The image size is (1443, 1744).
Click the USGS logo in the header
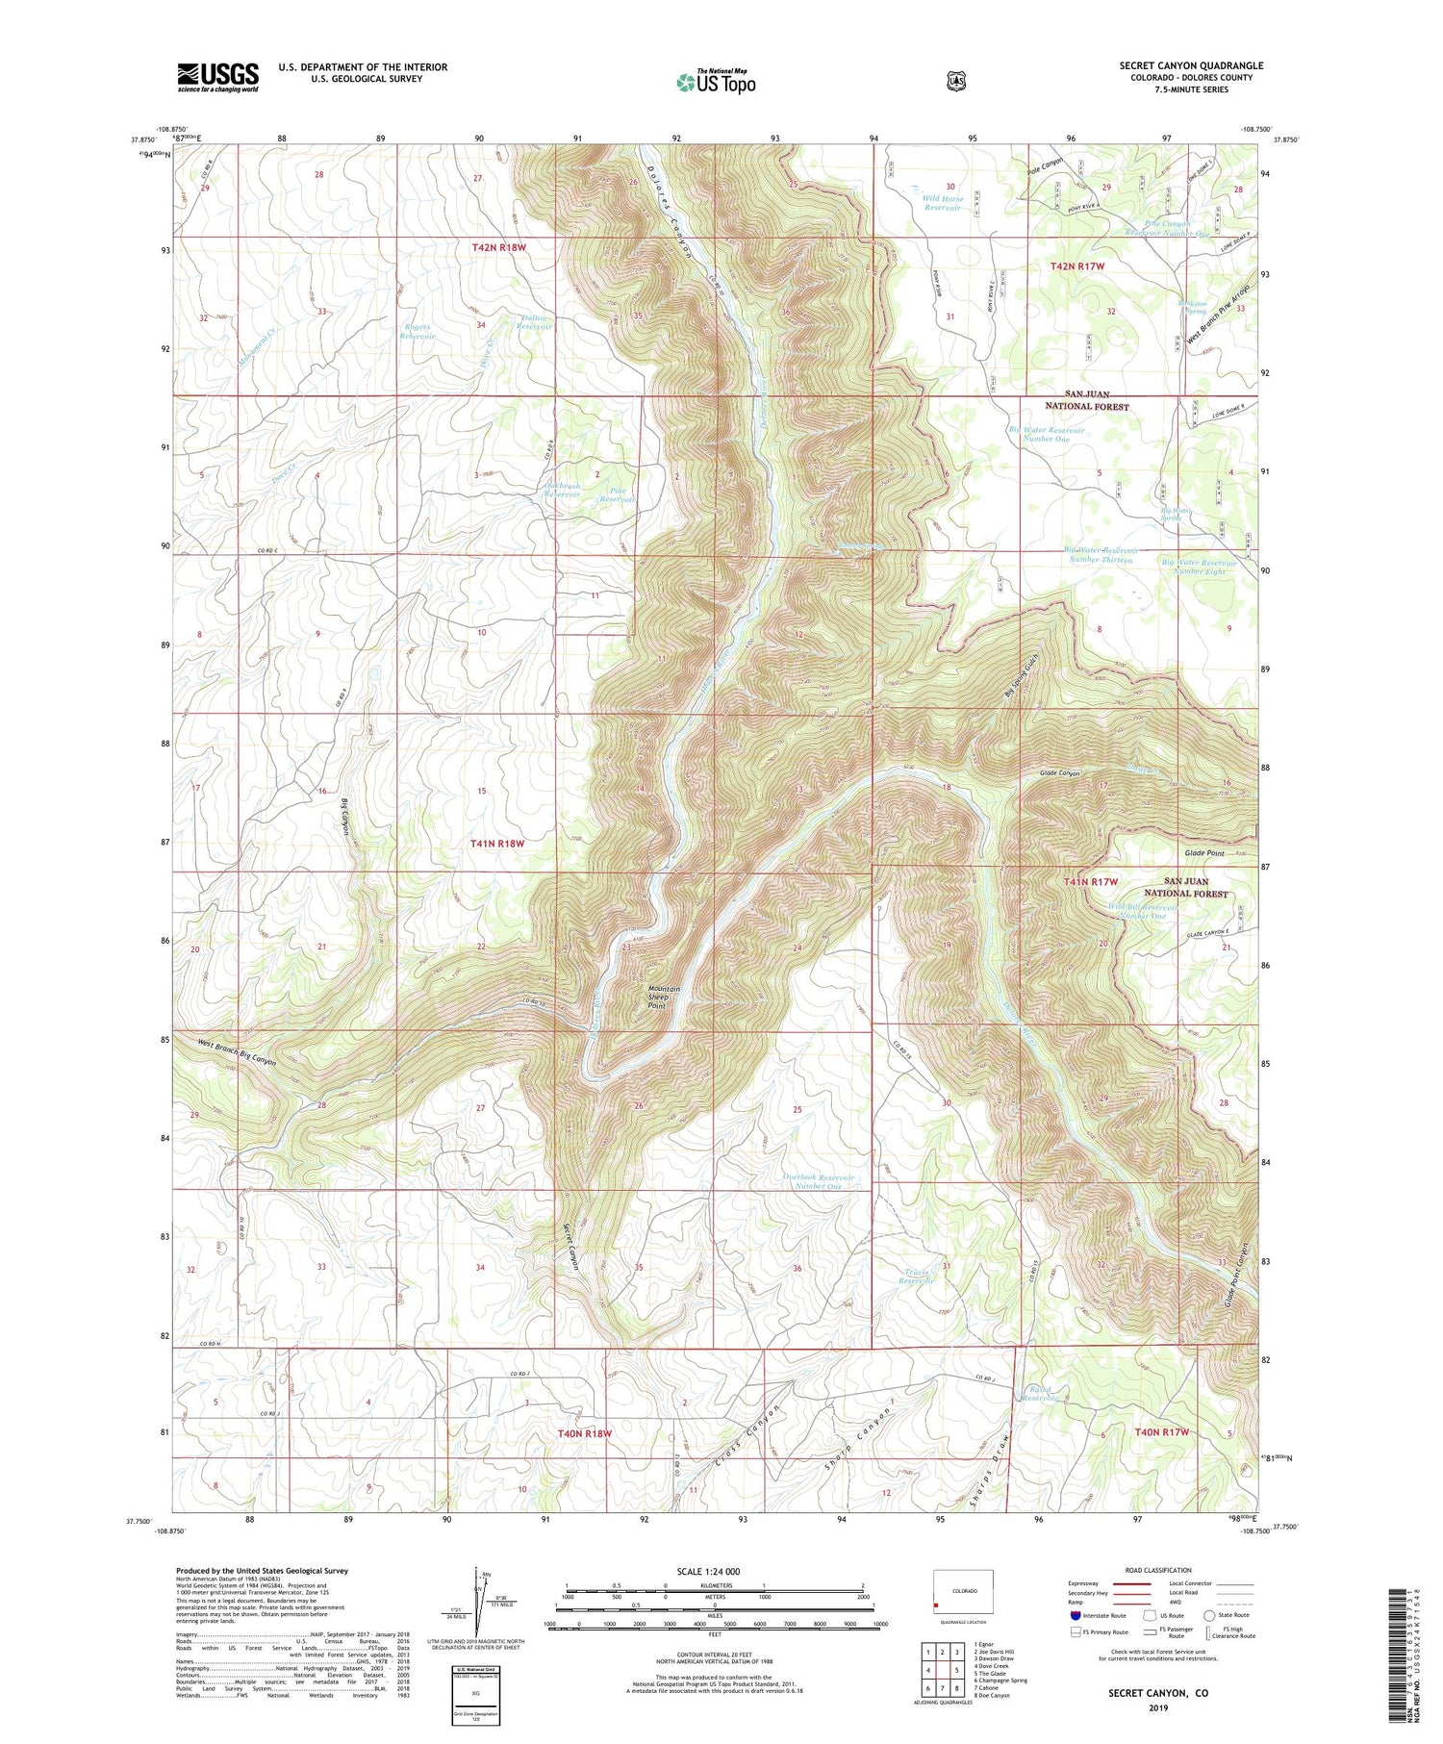point(217,76)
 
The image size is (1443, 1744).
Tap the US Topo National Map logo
point(716,82)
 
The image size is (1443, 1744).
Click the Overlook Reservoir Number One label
point(818,1181)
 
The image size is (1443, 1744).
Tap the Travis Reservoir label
point(917,1276)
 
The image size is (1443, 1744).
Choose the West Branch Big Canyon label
point(238,1052)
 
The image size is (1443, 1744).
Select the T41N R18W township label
point(498,844)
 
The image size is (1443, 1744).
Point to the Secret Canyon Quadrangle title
point(1191,65)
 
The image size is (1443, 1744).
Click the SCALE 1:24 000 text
point(708,1571)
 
